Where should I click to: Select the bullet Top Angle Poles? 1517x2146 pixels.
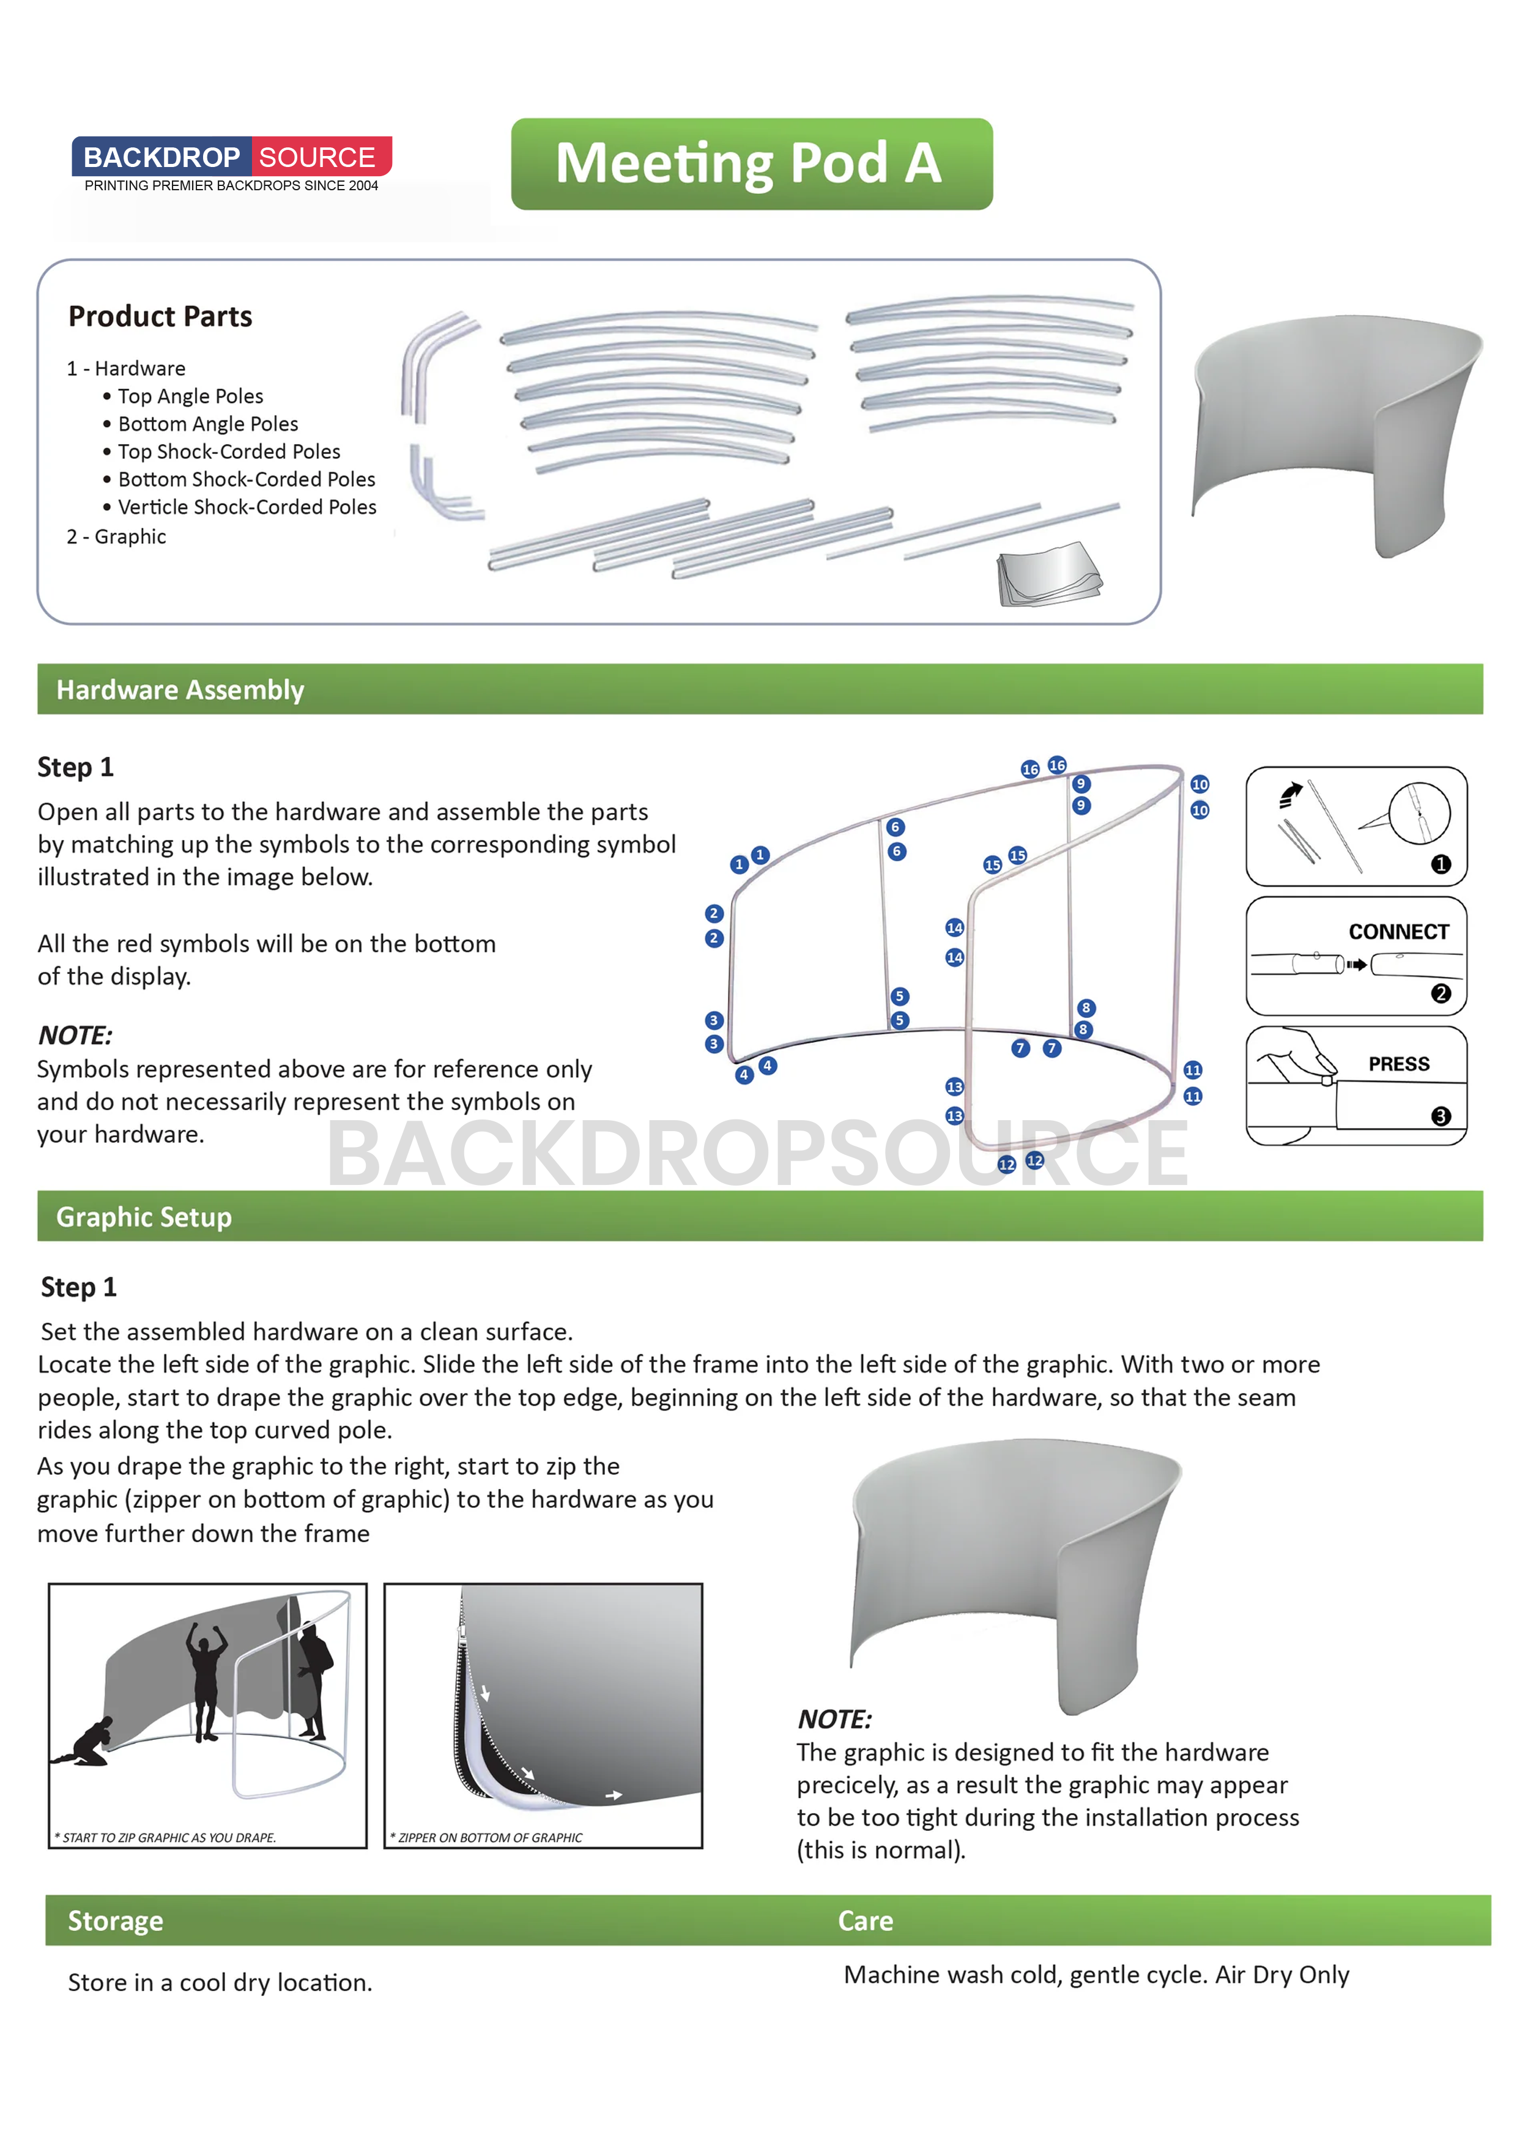[190, 396]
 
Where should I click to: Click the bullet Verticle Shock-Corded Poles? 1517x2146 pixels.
[247, 507]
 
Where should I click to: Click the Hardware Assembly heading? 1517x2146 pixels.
[180, 690]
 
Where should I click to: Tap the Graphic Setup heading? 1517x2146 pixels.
[144, 1217]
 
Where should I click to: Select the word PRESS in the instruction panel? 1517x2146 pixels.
[1398, 1064]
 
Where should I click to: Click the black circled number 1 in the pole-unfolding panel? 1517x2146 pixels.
[1441, 864]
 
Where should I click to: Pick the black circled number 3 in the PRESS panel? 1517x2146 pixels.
[1441, 1116]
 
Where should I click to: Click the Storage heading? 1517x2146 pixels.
[115, 1921]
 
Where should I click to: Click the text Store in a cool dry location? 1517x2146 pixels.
[220, 1983]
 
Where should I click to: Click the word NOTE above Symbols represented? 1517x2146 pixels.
[75, 1036]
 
